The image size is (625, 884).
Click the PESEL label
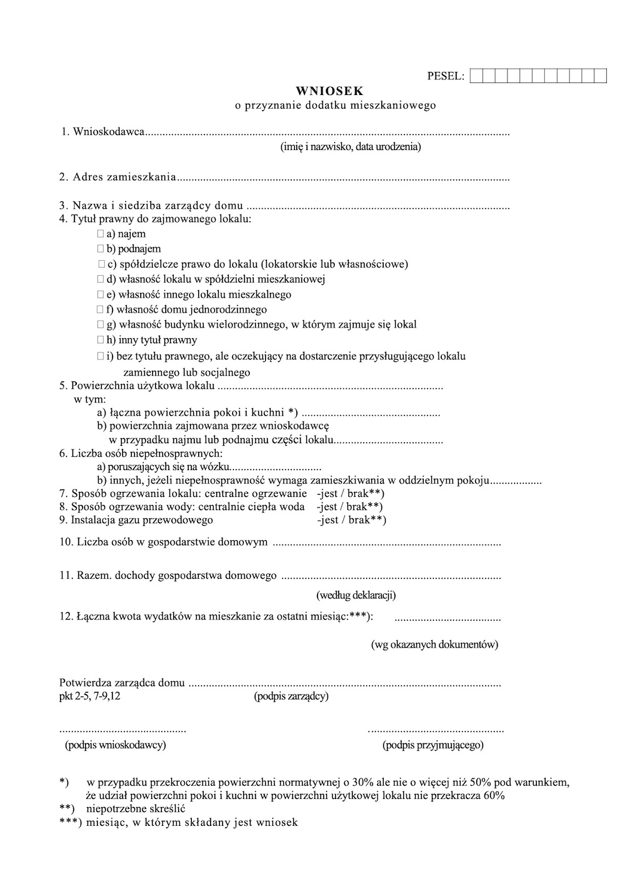pyautogui.click(x=446, y=76)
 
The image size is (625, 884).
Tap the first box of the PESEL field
pyautogui.click(x=476, y=76)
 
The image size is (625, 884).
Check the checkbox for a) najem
pyautogui.click(x=101, y=234)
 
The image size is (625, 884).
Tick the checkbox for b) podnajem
pyautogui.click(x=101, y=249)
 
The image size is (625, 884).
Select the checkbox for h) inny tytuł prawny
pyautogui.click(x=101, y=340)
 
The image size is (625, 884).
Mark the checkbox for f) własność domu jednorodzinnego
pyautogui.click(x=101, y=309)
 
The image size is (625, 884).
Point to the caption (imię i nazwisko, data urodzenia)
pyautogui.click(x=350, y=147)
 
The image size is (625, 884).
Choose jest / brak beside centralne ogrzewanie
pyautogui.click(x=350, y=493)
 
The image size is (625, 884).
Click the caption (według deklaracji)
pyautogui.click(x=356, y=595)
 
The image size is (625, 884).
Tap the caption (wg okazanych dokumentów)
pyautogui.click(x=434, y=645)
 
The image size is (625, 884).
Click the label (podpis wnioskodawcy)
pyautogui.click(x=116, y=745)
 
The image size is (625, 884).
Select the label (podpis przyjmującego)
pyautogui.click(x=432, y=745)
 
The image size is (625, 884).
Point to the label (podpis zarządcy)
pyautogui.click(x=291, y=696)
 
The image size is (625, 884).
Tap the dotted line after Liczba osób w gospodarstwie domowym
pyautogui.click(x=387, y=544)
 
